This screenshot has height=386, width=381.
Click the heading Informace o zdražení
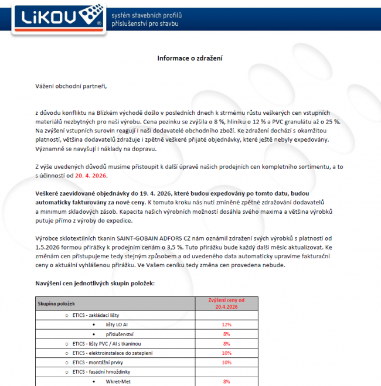tap(190, 58)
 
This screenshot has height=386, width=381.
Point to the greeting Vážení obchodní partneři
tap(70, 87)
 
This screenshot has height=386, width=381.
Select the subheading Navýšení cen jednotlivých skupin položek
tap(94, 283)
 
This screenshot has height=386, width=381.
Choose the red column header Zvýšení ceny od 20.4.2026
tap(226, 303)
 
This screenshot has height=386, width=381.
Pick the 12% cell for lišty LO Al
tap(226, 324)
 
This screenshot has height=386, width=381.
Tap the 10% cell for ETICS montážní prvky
tap(226, 363)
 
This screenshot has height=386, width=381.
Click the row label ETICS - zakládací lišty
tap(96, 315)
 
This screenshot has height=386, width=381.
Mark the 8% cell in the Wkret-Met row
tap(226, 381)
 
